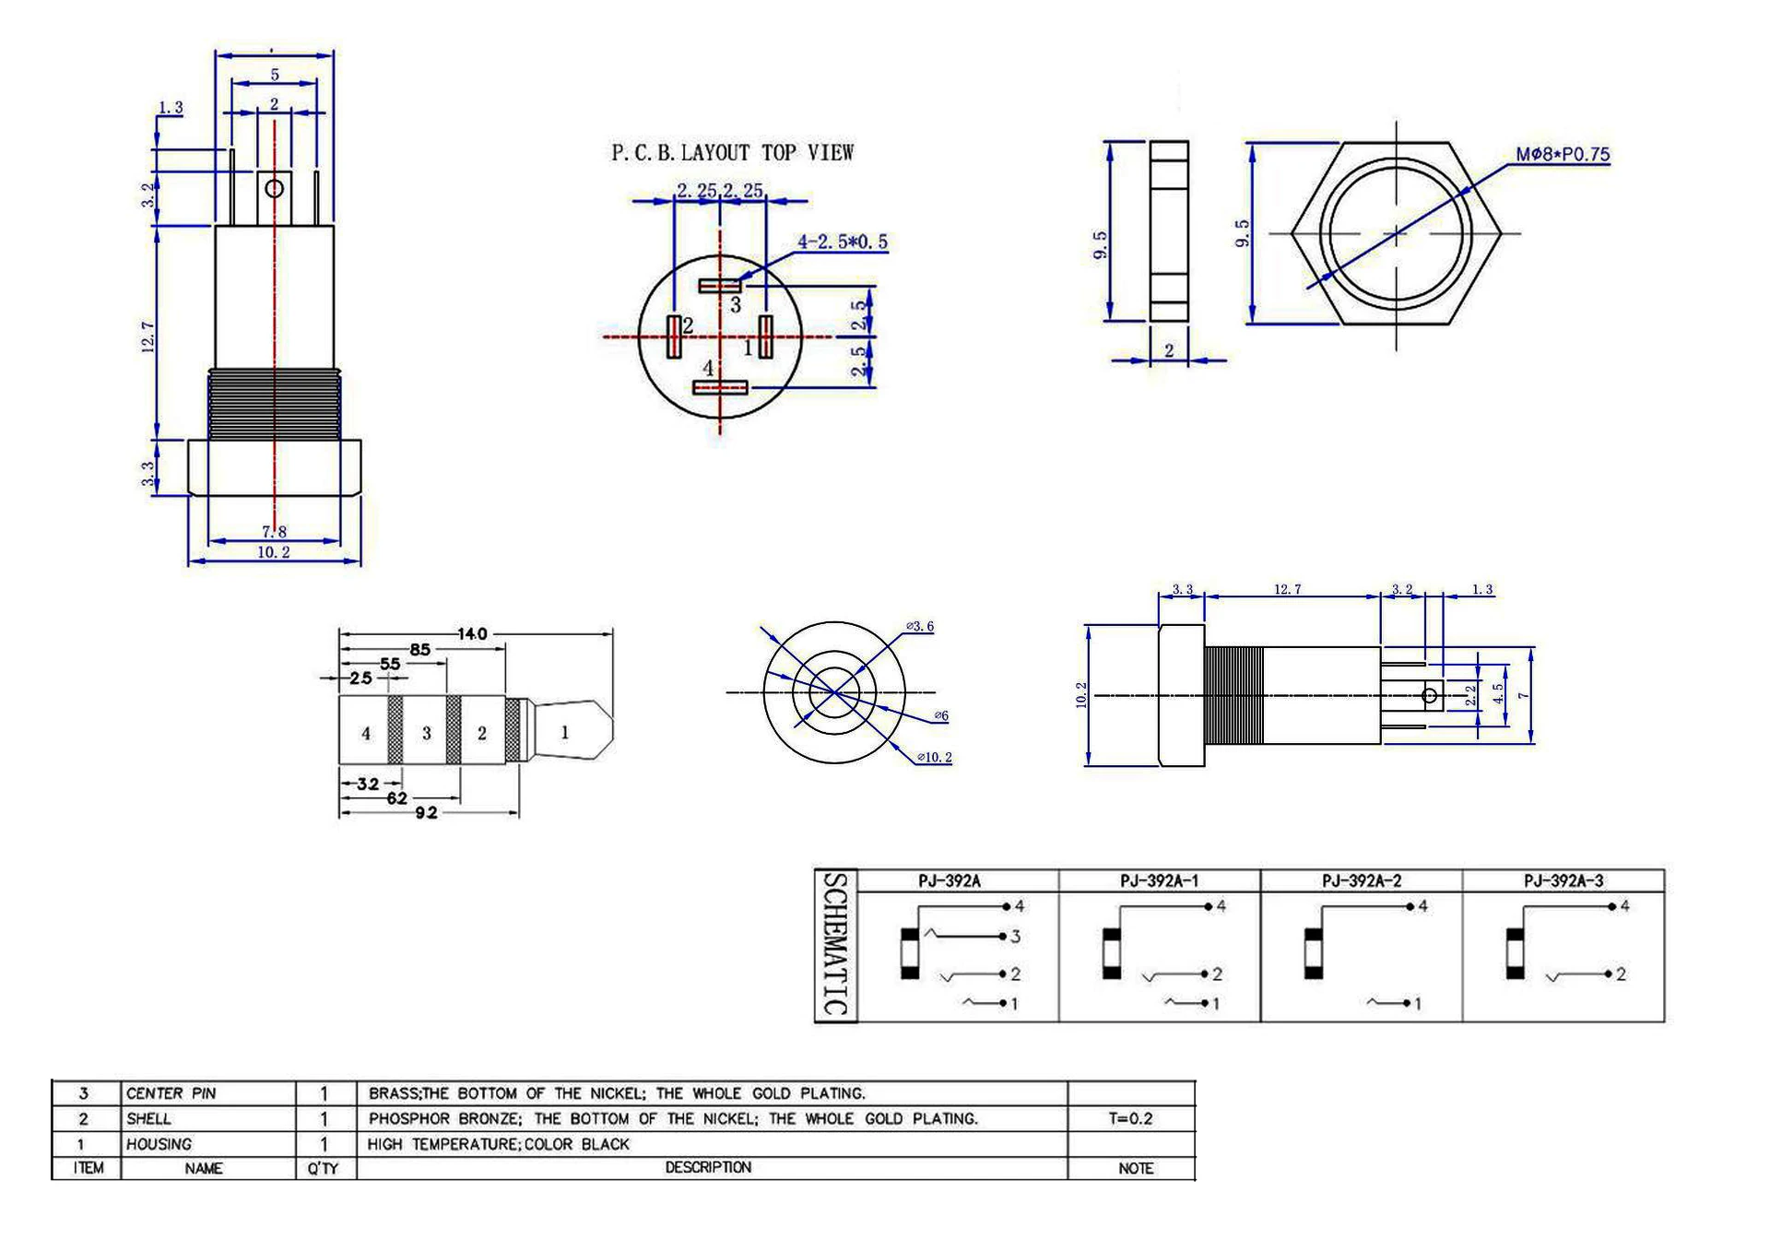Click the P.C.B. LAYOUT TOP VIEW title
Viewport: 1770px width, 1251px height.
click(733, 152)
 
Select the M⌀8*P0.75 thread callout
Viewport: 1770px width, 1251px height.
click(1563, 155)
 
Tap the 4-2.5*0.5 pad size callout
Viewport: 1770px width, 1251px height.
click(843, 242)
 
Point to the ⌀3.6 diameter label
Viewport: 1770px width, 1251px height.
click(920, 627)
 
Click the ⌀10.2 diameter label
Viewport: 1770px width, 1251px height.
click(935, 758)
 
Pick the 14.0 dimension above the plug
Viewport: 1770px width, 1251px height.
click(472, 634)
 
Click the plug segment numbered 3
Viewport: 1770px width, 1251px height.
click(426, 733)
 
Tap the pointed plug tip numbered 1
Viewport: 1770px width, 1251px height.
click(572, 732)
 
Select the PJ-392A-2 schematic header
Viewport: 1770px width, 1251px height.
click(1362, 881)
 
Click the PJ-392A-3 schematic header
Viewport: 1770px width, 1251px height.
click(1563, 881)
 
